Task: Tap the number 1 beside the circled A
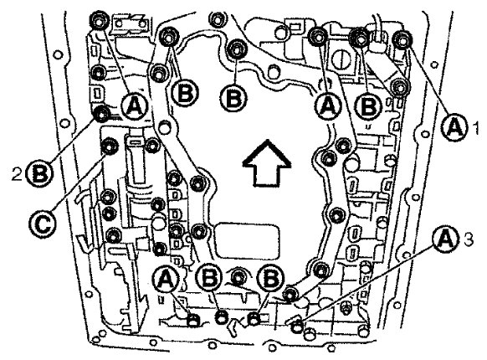click(x=475, y=127)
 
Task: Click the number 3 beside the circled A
click(x=468, y=239)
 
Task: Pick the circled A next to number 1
click(x=455, y=127)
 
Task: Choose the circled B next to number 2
click(x=39, y=174)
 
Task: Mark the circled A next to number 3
click(x=446, y=239)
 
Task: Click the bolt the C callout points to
click(x=109, y=147)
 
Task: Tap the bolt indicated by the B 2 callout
click(x=101, y=114)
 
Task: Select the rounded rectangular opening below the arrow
click(x=248, y=239)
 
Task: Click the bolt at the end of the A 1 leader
click(x=402, y=39)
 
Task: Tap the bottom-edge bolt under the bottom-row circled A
click(x=193, y=321)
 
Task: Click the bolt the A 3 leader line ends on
click(x=297, y=327)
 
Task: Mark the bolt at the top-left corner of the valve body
click(x=99, y=21)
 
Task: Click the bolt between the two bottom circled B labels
click(x=238, y=275)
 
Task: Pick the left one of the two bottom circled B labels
click(x=210, y=277)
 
